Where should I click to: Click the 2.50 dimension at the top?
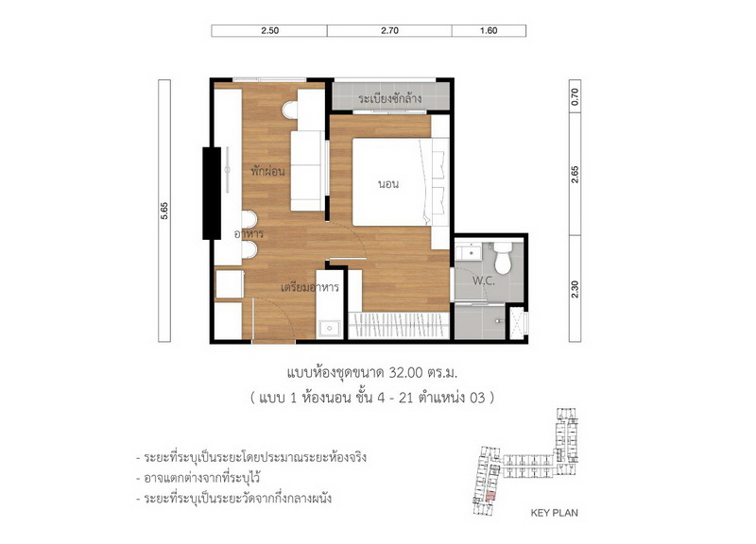(270, 30)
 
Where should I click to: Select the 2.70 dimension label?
(389, 30)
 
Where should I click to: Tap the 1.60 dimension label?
(489, 30)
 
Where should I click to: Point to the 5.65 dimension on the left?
(164, 211)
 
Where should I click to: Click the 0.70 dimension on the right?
(575, 96)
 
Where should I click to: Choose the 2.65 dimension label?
(575, 174)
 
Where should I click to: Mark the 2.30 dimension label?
(575, 289)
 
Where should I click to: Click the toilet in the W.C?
(503, 258)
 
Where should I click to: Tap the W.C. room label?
(484, 280)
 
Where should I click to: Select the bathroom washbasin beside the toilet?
(468, 251)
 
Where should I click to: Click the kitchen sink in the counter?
(329, 329)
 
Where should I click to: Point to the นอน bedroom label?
(388, 184)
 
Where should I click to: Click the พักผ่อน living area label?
(267, 172)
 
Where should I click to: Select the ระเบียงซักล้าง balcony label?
(390, 99)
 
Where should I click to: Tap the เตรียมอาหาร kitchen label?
(310, 288)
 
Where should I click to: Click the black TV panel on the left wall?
(212, 194)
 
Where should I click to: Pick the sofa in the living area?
(308, 171)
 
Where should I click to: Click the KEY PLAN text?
(554, 513)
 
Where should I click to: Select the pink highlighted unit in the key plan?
(490, 496)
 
